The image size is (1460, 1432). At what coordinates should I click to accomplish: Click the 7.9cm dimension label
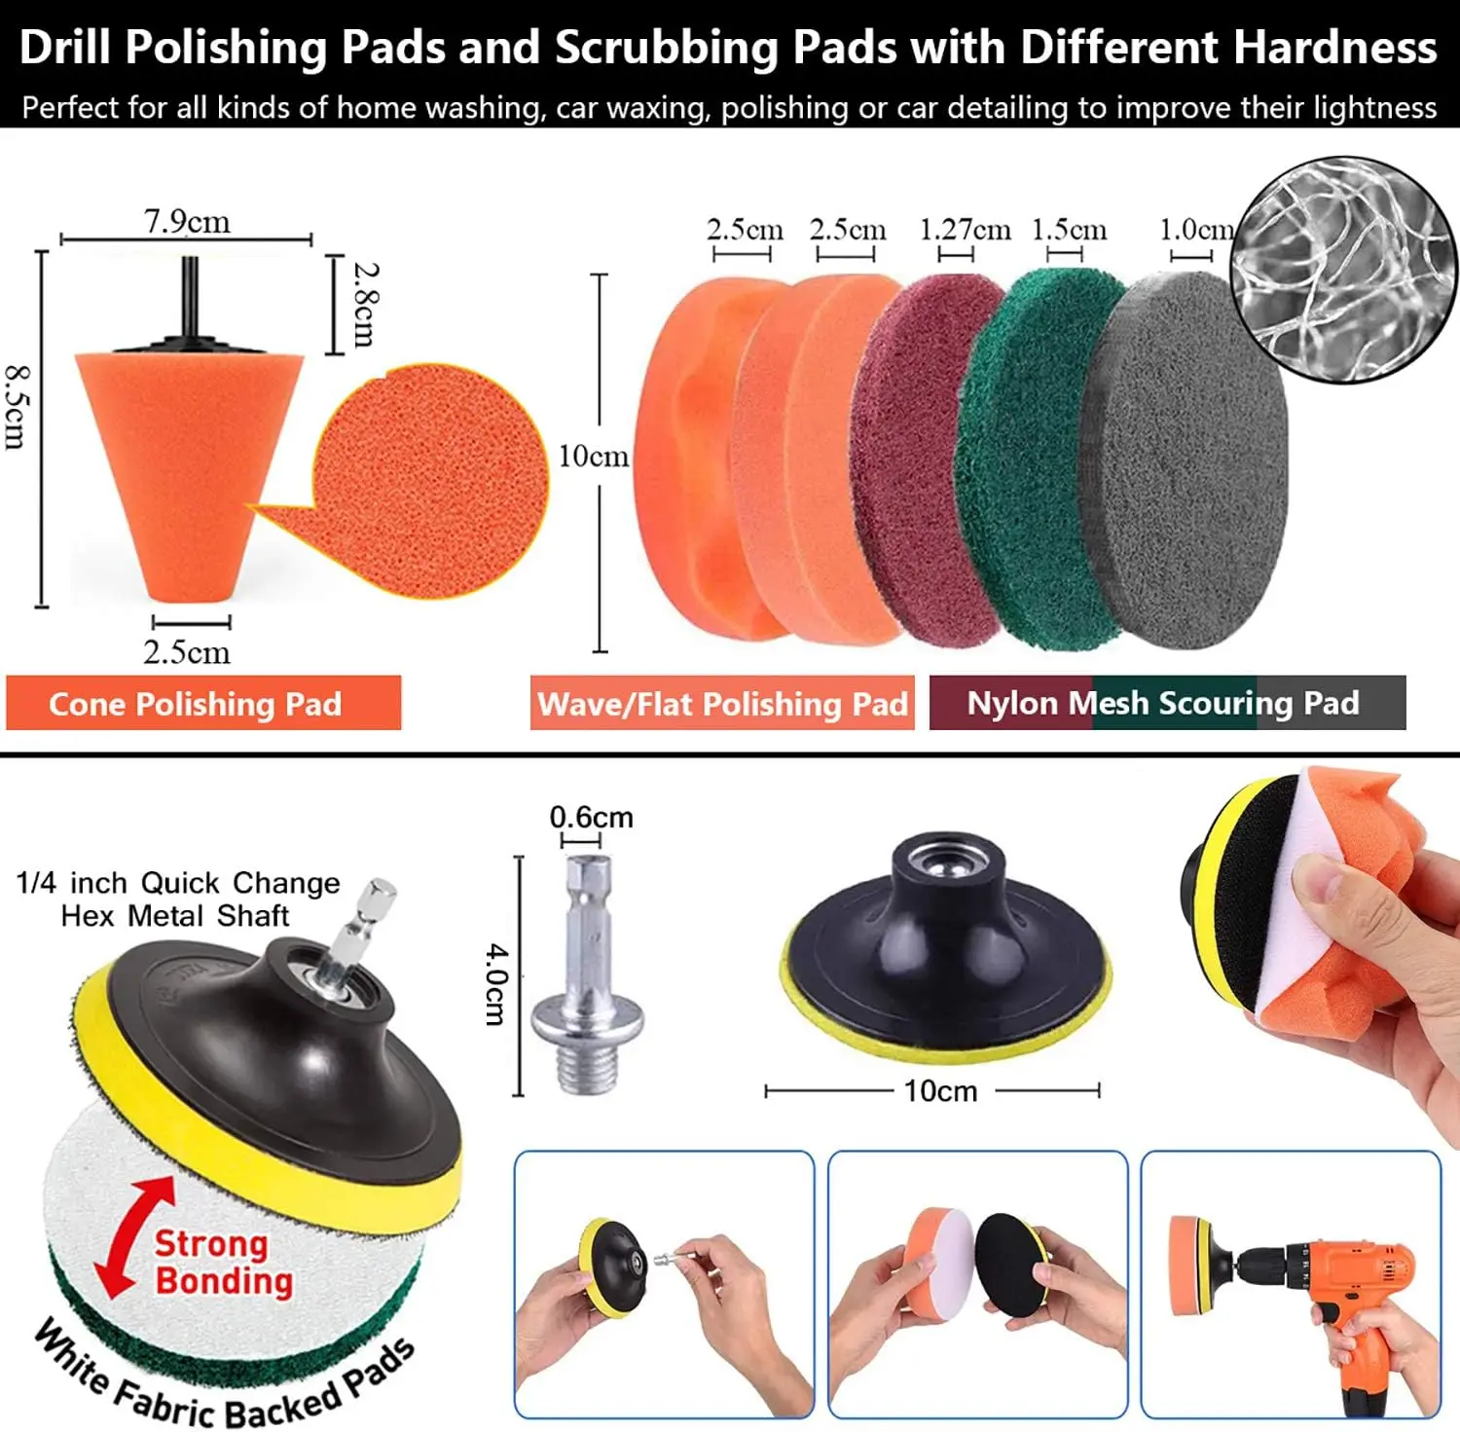(x=187, y=221)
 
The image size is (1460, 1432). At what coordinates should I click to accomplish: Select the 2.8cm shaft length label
(x=365, y=304)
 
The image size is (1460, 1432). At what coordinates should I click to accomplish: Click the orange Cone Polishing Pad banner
(x=203, y=703)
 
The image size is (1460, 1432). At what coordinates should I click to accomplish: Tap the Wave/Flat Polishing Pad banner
(x=722, y=703)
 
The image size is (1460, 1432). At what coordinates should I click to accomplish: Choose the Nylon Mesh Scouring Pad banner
(x=1167, y=703)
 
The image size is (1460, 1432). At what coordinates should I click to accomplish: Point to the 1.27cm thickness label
(x=965, y=230)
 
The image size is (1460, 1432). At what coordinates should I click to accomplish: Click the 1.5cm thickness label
(x=1069, y=230)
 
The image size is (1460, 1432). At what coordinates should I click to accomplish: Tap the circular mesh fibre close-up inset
(x=1344, y=270)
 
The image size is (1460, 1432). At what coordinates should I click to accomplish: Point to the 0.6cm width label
(x=591, y=817)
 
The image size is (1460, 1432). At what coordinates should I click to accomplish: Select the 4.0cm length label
(x=495, y=983)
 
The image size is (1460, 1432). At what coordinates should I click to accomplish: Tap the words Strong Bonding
(x=223, y=1263)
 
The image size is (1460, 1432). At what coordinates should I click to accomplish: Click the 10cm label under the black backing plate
(x=939, y=1091)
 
